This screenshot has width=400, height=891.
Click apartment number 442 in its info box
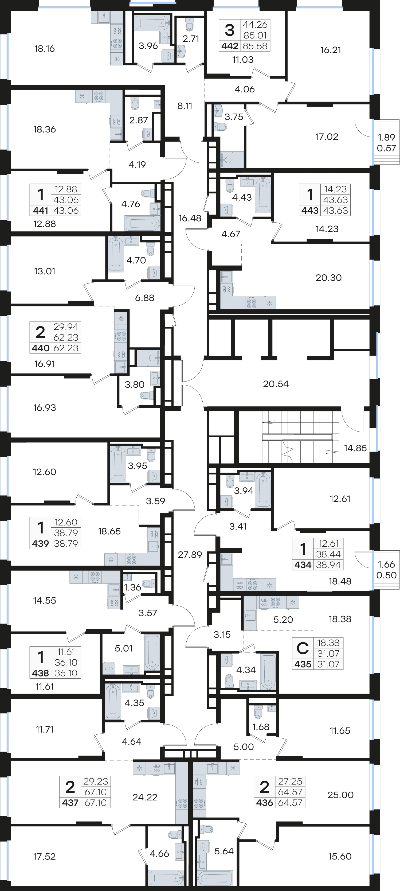pyautogui.click(x=230, y=46)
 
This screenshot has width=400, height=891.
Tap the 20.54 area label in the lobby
pyautogui.click(x=276, y=384)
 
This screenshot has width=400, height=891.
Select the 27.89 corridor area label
pyautogui.click(x=190, y=555)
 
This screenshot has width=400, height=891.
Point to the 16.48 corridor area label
pyautogui.click(x=190, y=218)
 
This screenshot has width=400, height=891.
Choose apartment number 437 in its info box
pyautogui.click(x=70, y=803)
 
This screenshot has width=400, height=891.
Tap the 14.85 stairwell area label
pyautogui.click(x=355, y=448)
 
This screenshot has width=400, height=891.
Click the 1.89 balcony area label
pyautogui.click(x=387, y=137)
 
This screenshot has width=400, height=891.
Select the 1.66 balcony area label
pyautogui.click(x=387, y=565)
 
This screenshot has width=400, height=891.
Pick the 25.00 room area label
pyautogui.click(x=340, y=795)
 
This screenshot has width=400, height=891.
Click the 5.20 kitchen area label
pyautogui.click(x=283, y=620)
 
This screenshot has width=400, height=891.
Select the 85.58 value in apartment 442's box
pyautogui.click(x=255, y=46)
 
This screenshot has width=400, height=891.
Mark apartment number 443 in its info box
pyautogui.click(x=310, y=211)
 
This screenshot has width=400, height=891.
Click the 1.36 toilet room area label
pyautogui.click(x=132, y=587)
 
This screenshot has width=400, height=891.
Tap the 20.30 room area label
pyautogui.click(x=328, y=278)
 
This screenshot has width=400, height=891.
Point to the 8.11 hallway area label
pyautogui.click(x=185, y=106)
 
